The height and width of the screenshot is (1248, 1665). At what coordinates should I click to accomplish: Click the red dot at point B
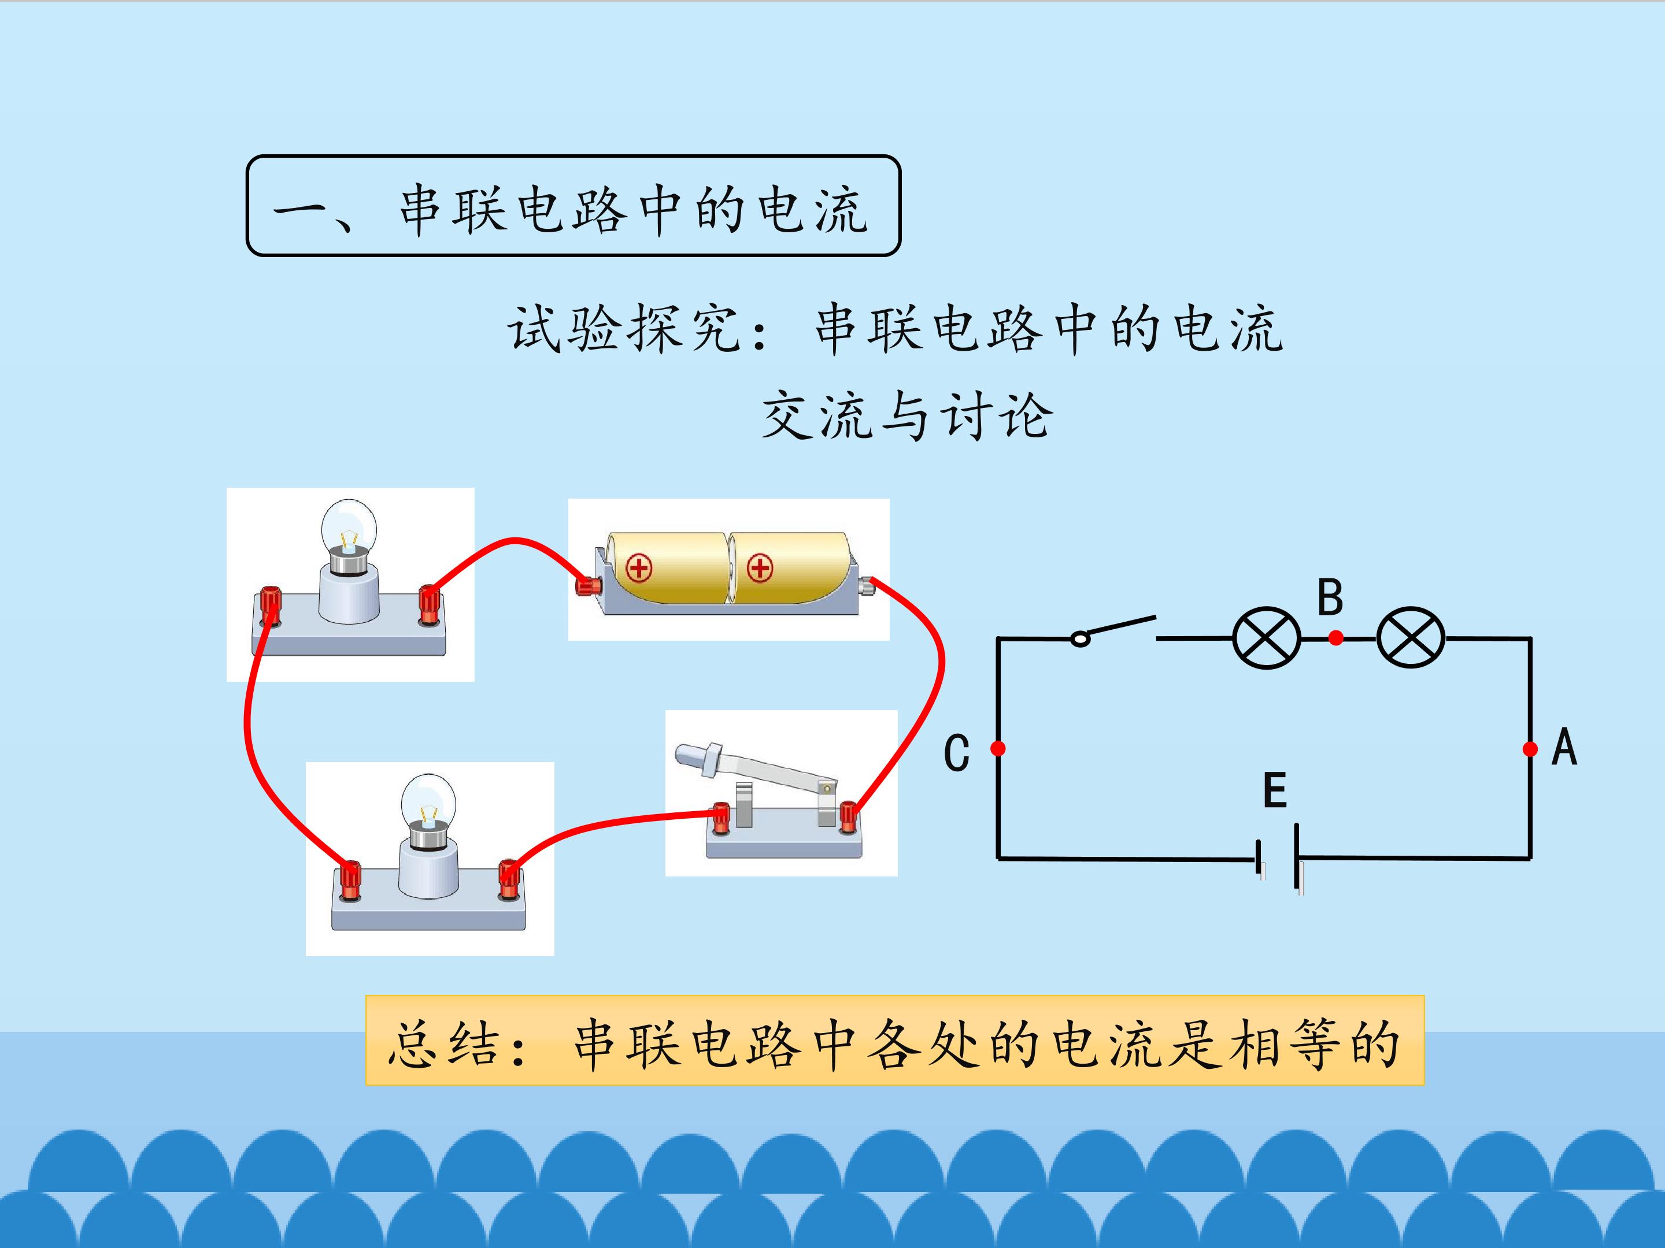point(1336,638)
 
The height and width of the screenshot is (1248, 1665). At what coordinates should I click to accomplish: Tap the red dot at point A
point(1530,748)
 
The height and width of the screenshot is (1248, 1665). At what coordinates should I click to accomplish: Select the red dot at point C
point(998,748)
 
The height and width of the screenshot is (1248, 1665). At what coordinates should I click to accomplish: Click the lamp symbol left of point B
point(1267,638)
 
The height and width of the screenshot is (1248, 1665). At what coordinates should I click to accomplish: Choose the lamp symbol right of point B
point(1411,638)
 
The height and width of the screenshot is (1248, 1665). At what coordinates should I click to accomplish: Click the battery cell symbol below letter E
point(1279,859)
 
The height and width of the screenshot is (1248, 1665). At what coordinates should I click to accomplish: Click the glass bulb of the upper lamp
point(349,529)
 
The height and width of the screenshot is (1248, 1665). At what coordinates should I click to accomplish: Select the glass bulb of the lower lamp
point(428,802)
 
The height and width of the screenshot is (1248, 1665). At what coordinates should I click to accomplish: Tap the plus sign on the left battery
point(639,568)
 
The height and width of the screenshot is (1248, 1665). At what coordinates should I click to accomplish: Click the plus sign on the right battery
point(760,568)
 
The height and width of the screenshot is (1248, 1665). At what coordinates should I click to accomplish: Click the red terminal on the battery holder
point(588,585)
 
